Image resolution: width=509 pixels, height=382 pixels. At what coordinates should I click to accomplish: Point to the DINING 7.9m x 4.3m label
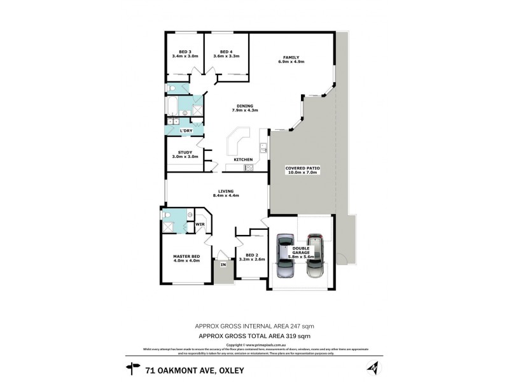244,108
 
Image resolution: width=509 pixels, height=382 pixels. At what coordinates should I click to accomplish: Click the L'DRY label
186,131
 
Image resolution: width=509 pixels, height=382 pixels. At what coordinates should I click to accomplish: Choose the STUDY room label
185,154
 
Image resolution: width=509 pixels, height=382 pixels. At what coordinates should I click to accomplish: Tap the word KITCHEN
243,159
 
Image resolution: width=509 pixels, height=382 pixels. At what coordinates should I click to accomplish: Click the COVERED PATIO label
303,169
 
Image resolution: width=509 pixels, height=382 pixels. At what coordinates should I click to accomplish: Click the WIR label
199,224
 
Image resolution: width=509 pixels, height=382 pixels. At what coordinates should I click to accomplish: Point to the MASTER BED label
186,258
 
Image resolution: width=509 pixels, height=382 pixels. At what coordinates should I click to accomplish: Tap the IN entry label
223,264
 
